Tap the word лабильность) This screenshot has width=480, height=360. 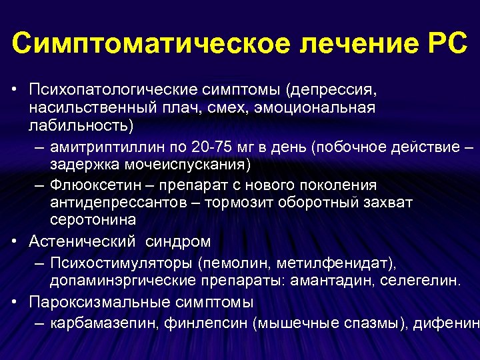tap(81, 125)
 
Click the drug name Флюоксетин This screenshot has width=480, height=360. tap(89, 185)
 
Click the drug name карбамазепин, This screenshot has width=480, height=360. tap(99, 325)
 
